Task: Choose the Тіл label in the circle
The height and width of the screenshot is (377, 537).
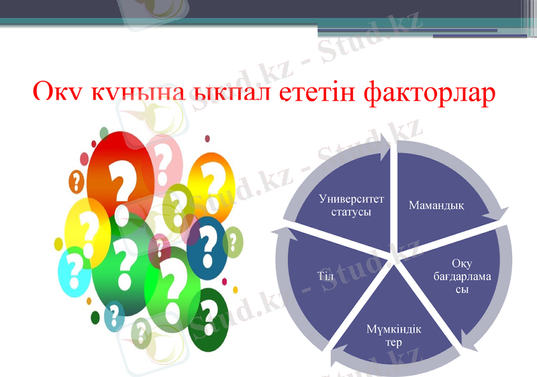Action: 325,276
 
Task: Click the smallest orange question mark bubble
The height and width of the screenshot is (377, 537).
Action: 77,181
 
